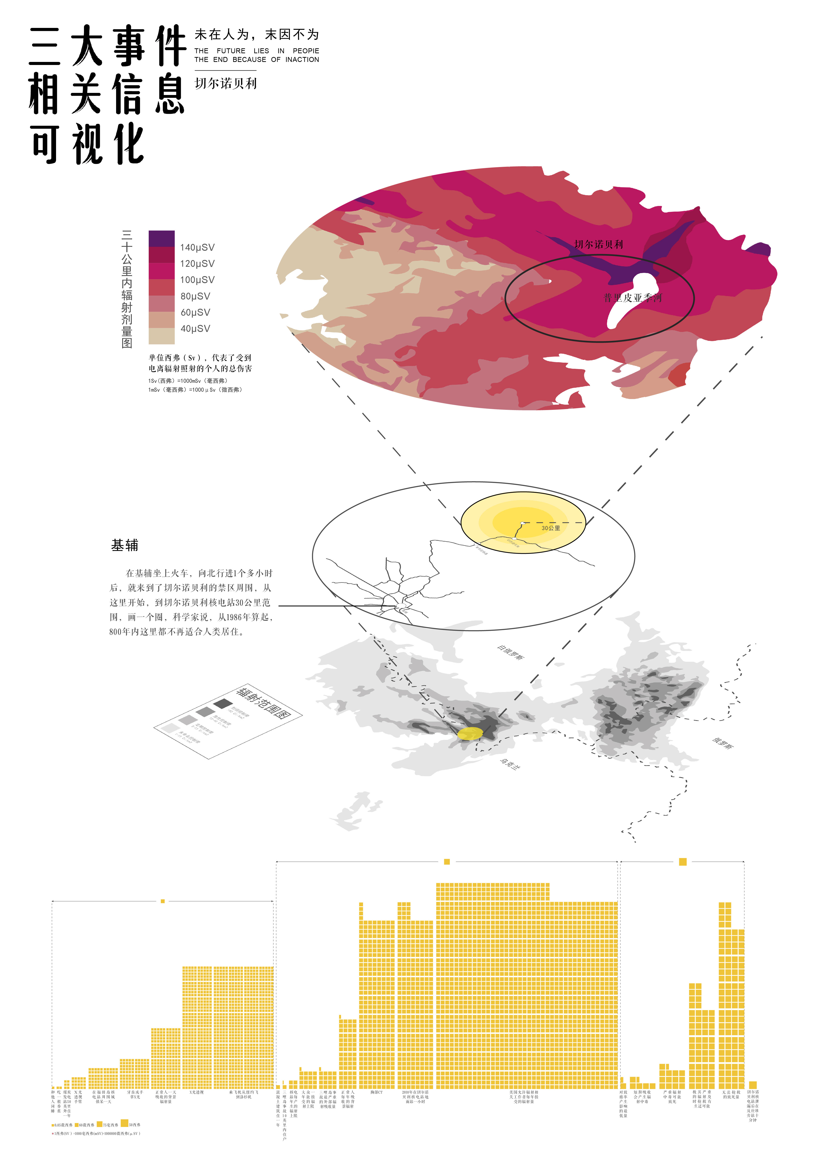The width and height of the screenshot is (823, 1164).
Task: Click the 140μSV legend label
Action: (197, 247)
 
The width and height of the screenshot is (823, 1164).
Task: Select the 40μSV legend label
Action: (195, 328)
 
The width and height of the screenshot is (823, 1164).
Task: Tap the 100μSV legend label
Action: (197, 280)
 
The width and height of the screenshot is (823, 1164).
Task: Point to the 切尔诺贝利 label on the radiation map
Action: (599, 244)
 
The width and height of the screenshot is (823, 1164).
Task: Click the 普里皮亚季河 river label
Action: (633, 298)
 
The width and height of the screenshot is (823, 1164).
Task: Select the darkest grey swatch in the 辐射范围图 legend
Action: (223, 704)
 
